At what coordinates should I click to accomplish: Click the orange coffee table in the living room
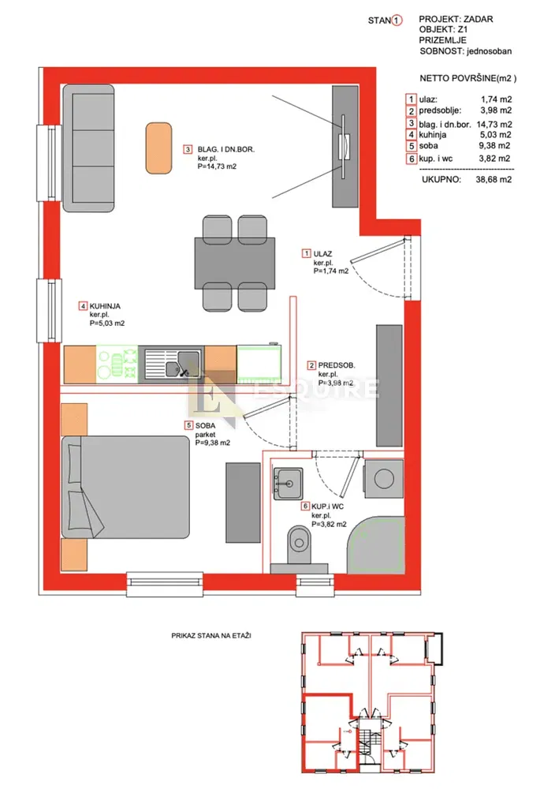click(x=158, y=148)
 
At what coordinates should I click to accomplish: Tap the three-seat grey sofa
click(x=88, y=148)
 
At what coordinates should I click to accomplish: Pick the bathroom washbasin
click(x=288, y=484)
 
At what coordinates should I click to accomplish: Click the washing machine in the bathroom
click(x=384, y=479)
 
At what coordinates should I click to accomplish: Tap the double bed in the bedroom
click(x=125, y=487)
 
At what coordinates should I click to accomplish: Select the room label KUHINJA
click(x=105, y=306)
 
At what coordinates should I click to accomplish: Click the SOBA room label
click(x=205, y=426)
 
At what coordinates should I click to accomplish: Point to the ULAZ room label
click(x=322, y=254)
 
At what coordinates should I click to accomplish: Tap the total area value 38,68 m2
click(x=494, y=179)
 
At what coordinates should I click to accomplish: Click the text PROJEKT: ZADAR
click(x=456, y=19)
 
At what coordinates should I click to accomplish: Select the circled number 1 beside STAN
click(x=397, y=21)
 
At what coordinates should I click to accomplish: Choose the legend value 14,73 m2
click(x=494, y=125)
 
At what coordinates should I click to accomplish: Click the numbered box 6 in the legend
click(x=412, y=159)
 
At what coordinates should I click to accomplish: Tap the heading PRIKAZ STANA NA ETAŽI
click(x=211, y=636)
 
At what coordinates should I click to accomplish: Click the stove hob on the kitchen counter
click(x=117, y=364)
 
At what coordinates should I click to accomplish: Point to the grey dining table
click(x=235, y=264)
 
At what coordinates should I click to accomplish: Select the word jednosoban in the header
click(x=489, y=51)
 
